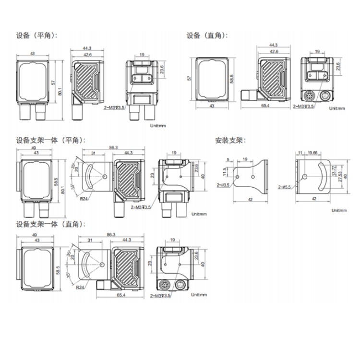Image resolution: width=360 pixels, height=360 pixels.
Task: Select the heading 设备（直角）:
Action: click(207, 36)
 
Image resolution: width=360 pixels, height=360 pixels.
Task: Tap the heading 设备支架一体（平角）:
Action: click(50, 141)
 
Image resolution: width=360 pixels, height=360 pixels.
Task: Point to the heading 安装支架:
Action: click(230, 141)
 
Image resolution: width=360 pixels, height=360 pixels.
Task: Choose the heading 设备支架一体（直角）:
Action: click(50, 224)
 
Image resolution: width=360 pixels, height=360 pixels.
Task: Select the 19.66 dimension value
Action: click(312, 152)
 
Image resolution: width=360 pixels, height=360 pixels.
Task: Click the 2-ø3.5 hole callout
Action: click(223, 184)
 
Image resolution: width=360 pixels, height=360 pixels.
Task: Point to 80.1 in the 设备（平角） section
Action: click(60, 91)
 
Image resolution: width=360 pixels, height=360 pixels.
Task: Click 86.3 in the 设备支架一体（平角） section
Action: click(113, 147)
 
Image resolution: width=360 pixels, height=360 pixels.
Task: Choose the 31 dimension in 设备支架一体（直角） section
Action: click(90, 241)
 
